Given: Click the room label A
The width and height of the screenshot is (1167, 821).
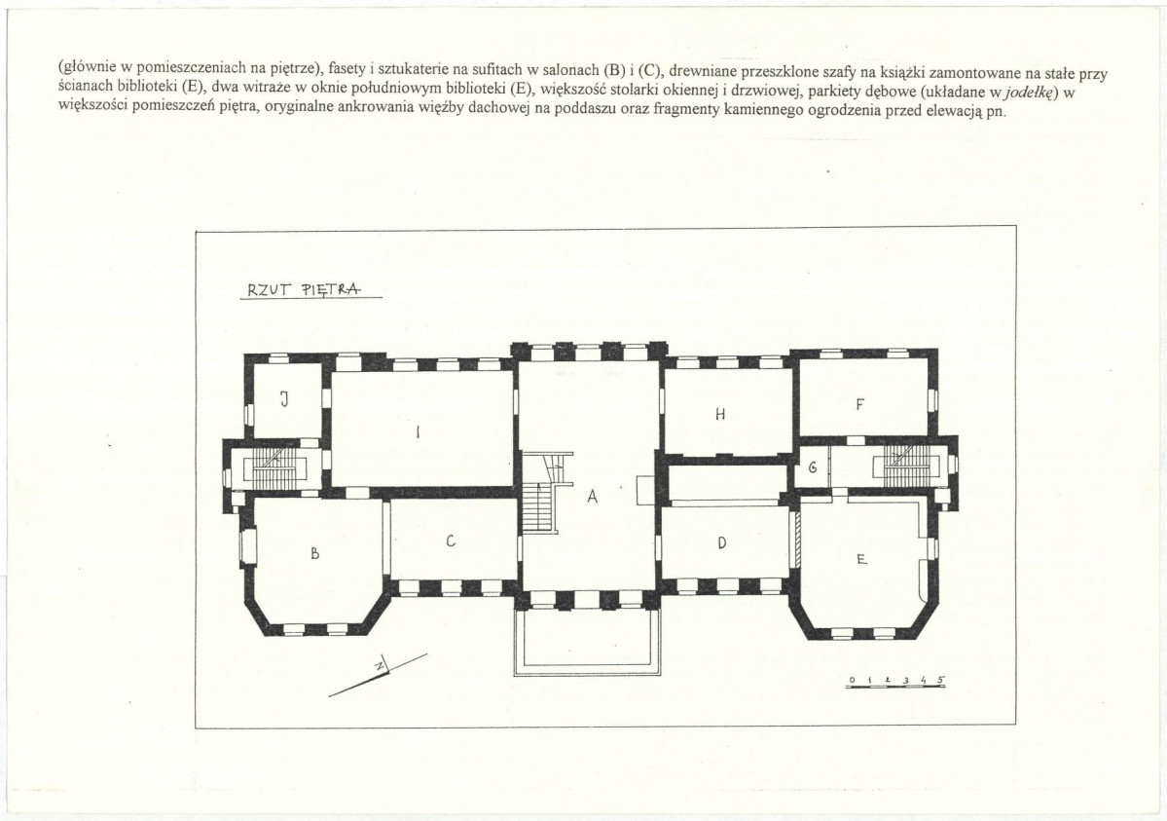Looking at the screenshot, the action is [x=593, y=496].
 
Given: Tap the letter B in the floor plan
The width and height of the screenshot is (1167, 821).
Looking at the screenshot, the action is [x=314, y=553].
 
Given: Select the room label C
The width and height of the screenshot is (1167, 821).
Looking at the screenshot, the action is [x=451, y=541].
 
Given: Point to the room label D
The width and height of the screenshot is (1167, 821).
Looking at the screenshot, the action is [x=721, y=543].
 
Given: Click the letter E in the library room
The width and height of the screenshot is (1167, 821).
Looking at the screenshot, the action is [x=861, y=559].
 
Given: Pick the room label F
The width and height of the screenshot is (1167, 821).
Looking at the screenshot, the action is [x=859, y=404].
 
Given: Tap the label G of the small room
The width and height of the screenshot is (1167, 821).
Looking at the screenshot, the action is [x=813, y=467].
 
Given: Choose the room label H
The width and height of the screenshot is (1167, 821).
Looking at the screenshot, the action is [x=719, y=414].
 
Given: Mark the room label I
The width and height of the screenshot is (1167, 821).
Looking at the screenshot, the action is [x=418, y=431].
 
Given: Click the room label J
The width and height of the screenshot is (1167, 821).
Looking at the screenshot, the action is [x=283, y=400].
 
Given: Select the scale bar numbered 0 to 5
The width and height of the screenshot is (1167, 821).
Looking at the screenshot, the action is [x=896, y=682].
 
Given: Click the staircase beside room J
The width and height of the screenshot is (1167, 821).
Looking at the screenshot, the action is [x=275, y=467].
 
